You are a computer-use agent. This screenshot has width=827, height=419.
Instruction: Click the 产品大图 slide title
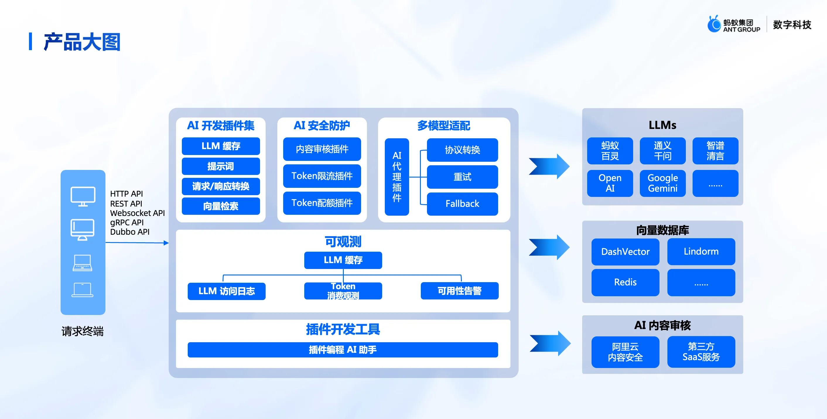(x=82, y=42)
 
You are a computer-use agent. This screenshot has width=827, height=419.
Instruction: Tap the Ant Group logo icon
(x=714, y=24)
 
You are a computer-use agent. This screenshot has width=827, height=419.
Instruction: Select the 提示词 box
(x=221, y=166)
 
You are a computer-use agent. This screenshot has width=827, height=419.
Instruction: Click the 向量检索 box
(x=221, y=206)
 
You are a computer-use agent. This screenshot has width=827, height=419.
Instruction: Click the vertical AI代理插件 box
(x=397, y=177)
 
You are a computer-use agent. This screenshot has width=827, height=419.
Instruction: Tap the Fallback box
(x=462, y=204)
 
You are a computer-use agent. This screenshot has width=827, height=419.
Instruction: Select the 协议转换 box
(x=462, y=150)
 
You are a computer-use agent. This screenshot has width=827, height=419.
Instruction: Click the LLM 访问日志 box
(x=226, y=291)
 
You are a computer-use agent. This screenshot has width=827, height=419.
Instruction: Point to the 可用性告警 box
(x=459, y=291)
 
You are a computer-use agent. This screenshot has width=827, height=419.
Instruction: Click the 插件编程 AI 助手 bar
(x=343, y=350)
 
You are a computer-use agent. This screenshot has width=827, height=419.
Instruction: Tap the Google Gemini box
(x=663, y=183)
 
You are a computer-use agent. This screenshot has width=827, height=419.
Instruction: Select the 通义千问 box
(x=663, y=151)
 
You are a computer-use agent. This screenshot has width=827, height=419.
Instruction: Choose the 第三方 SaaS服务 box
(x=701, y=352)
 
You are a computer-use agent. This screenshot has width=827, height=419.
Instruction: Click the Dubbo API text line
(x=130, y=232)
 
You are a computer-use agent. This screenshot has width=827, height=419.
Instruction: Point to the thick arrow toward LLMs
(x=549, y=166)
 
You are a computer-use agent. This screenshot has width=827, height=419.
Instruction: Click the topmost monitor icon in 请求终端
(x=83, y=196)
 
